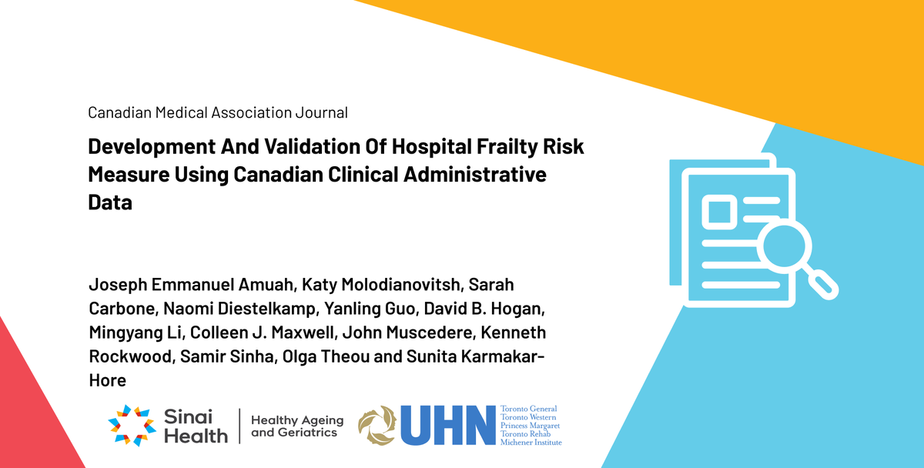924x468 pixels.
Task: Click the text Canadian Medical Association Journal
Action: [x=218, y=113]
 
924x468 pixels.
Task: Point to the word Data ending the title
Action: [x=110, y=202]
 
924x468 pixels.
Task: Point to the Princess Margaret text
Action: [x=530, y=426]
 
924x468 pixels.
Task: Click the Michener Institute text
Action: [x=531, y=443]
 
